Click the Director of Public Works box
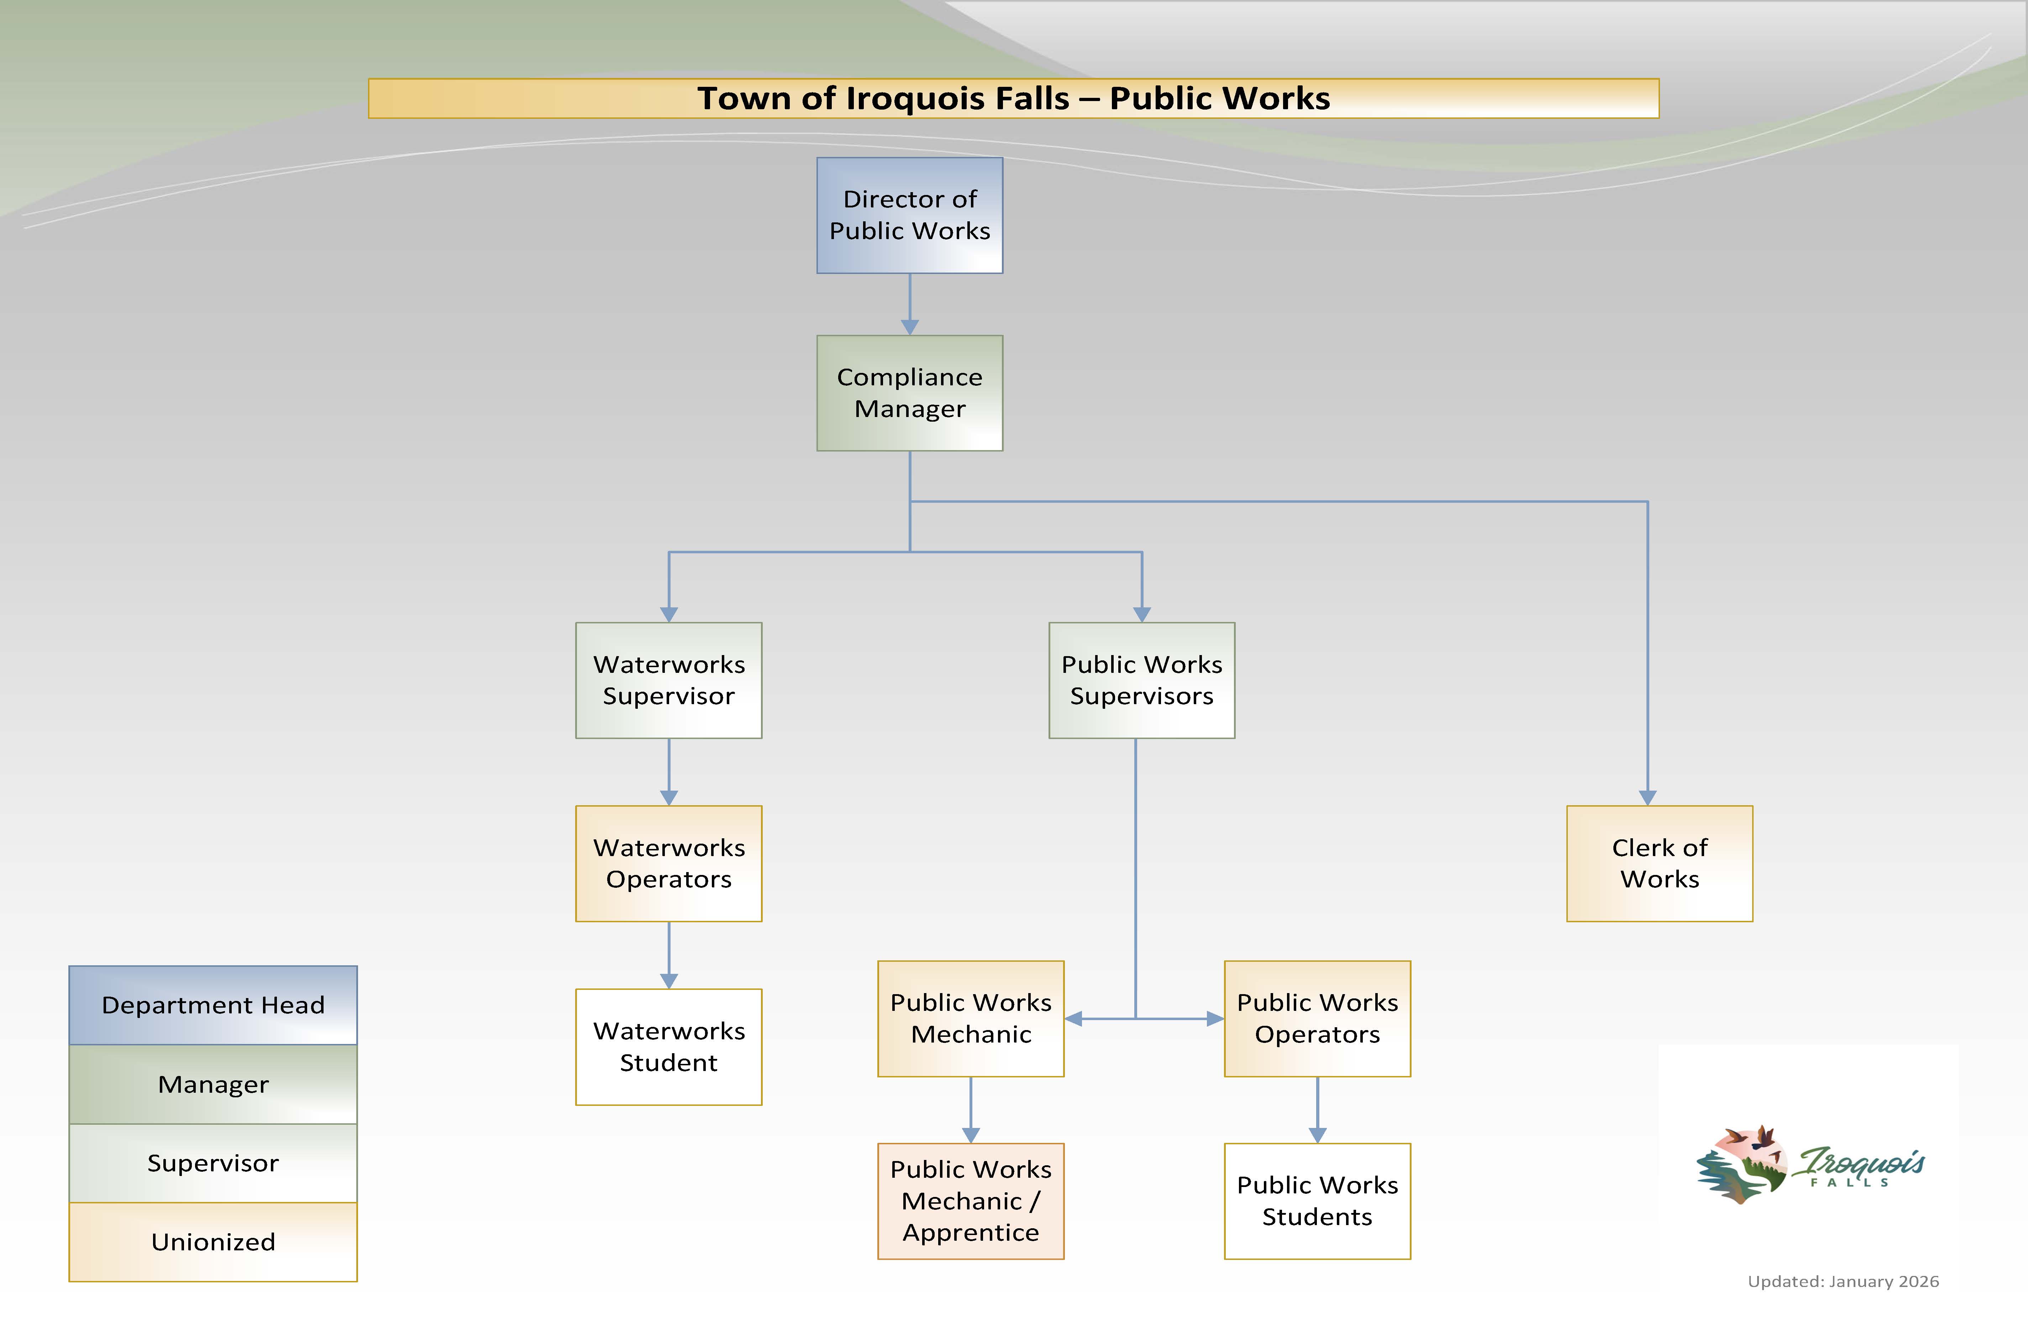(909, 215)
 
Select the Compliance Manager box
(909, 393)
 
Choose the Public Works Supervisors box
(1142, 680)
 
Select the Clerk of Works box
(1660, 863)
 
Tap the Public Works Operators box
(1317, 1019)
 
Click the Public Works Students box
(1317, 1201)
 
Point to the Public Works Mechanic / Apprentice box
(971, 1201)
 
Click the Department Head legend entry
(213, 1005)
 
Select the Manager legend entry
(213, 1083)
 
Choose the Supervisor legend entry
(213, 1163)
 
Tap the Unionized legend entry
(213, 1242)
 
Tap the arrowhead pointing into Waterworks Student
(669, 981)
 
